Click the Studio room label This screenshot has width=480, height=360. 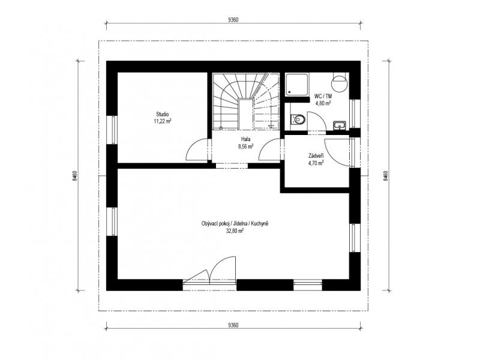coord(163,115)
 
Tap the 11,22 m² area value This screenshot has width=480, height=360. coord(163,121)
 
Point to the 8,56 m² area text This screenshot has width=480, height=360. coord(246,146)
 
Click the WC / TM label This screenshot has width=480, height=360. coord(323,97)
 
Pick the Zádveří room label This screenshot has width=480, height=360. coord(316,156)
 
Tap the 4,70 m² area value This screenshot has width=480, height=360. coord(316,163)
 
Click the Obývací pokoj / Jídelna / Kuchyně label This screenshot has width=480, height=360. coord(235,224)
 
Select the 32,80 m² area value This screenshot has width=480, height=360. coord(235,232)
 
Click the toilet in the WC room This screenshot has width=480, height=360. coord(297,119)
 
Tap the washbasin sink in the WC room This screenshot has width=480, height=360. coord(339,125)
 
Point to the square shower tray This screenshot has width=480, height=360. coord(297,84)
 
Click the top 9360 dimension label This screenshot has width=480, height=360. coord(233,20)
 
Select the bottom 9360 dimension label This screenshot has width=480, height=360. coord(233,325)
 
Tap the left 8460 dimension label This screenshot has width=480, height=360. coord(75,176)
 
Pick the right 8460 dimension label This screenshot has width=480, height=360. coord(386,176)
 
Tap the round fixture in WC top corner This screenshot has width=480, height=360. coord(340,83)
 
